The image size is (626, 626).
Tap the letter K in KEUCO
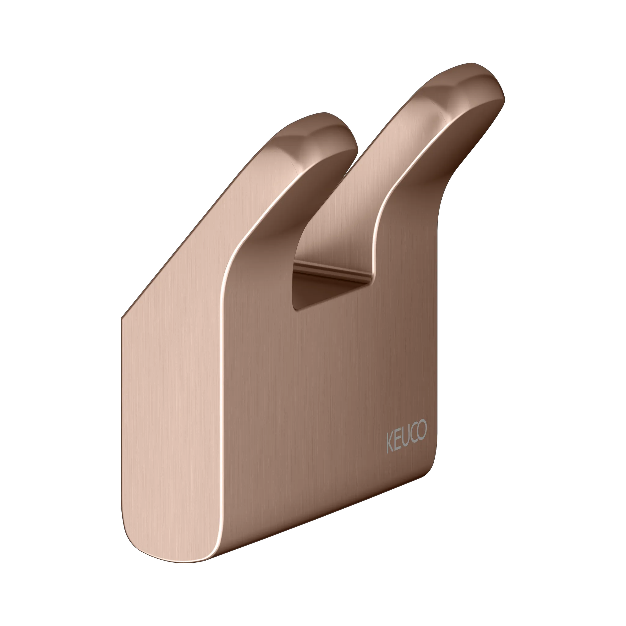tap(390, 443)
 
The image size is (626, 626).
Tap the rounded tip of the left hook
tap(340, 133)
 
